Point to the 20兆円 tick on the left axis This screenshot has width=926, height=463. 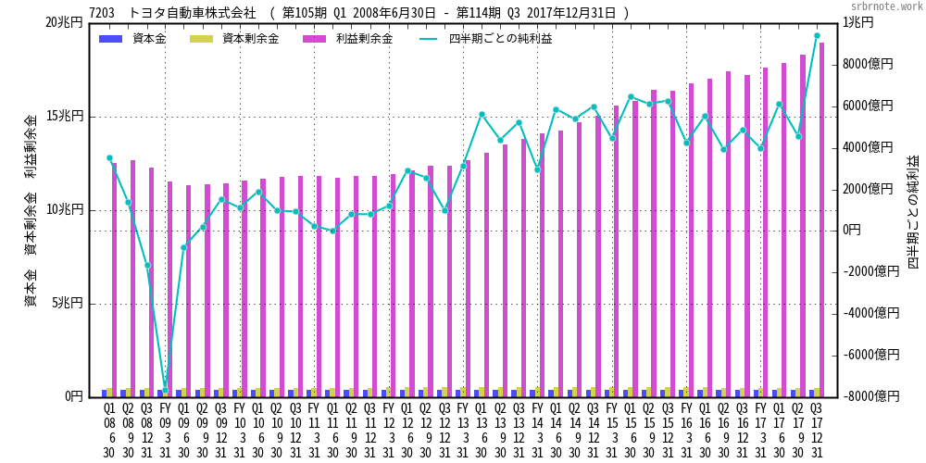[x=65, y=22]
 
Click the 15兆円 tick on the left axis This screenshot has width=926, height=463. [x=65, y=116]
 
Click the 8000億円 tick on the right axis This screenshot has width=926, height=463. [x=869, y=64]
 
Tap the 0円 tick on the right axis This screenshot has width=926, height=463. [x=852, y=230]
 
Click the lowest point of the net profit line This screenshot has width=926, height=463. [x=166, y=388]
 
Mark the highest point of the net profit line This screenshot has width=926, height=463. [x=817, y=36]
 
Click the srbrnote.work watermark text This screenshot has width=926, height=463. [x=886, y=6]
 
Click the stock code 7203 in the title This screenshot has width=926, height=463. [x=102, y=13]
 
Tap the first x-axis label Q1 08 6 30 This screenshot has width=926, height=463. [x=109, y=430]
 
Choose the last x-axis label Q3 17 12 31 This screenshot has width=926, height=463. [x=817, y=430]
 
